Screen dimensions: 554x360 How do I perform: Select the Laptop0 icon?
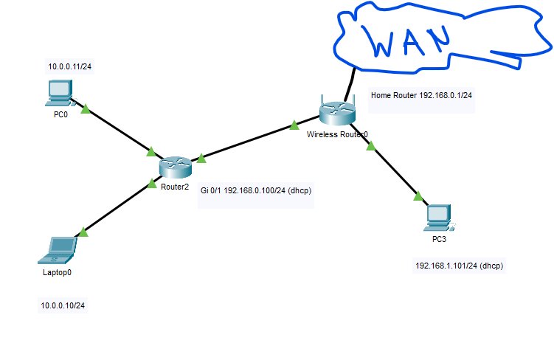[x=58, y=250]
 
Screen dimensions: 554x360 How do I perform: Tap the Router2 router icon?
[x=176, y=167]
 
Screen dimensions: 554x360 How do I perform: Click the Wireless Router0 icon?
[x=337, y=111]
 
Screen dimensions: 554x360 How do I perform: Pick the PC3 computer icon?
[x=439, y=218]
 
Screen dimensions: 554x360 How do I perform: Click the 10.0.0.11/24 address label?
[x=69, y=66]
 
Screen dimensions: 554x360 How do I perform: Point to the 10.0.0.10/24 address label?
[x=63, y=305]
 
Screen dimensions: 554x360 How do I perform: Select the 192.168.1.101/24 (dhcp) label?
[x=459, y=266]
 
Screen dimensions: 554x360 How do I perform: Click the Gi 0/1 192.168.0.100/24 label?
[x=243, y=190]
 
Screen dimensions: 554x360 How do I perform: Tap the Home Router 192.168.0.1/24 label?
[x=421, y=95]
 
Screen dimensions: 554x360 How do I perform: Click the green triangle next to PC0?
[x=86, y=109]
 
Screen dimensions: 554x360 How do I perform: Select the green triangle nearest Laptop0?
[x=83, y=232]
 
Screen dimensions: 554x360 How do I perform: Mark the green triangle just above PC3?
[x=418, y=195]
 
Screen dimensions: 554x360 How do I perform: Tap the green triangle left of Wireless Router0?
[x=294, y=125]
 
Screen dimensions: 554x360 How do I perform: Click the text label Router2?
[x=175, y=187]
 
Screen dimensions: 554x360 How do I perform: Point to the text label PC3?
[x=439, y=239]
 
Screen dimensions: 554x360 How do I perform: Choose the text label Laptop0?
[x=57, y=272]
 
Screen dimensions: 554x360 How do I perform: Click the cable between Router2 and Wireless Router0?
[x=255, y=139]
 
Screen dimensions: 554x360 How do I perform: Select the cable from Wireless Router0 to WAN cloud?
[x=350, y=84]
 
